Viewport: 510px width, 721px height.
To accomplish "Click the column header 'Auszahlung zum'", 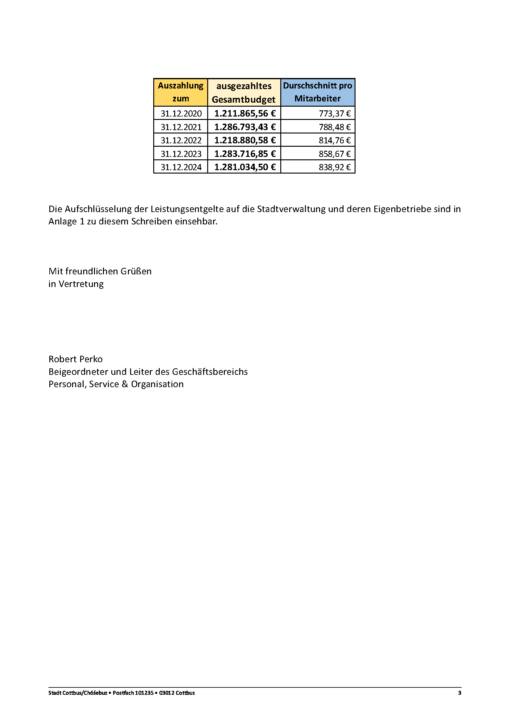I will [x=181, y=92].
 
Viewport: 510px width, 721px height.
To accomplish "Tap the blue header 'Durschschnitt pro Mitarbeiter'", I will [x=318, y=92].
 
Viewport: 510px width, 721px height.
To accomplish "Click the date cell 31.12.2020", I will [x=181, y=113].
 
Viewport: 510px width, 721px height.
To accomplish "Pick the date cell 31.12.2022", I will [x=181, y=140].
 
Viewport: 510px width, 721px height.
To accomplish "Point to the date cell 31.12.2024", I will [x=181, y=167].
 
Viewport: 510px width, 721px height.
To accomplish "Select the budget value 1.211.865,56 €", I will [x=245, y=113].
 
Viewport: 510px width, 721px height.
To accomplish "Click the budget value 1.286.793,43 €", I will [x=245, y=127].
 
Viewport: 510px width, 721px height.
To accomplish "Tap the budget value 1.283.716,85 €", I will [x=245, y=154].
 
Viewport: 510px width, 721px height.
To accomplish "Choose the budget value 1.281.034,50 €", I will [x=245, y=167].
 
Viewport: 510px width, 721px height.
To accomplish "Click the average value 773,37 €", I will [x=335, y=113].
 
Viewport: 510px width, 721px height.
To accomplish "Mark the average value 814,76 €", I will [x=335, y=140].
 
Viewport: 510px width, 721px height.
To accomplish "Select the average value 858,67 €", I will [x=335, y=154].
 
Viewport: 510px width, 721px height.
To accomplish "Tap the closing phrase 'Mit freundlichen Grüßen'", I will [x=100, y=271].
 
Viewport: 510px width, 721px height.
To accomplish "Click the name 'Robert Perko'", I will [x=75, y=359].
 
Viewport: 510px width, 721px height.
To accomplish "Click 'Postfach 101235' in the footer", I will [x=133, y=693].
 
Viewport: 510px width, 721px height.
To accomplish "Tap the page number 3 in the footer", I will [x=459, y=693].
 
